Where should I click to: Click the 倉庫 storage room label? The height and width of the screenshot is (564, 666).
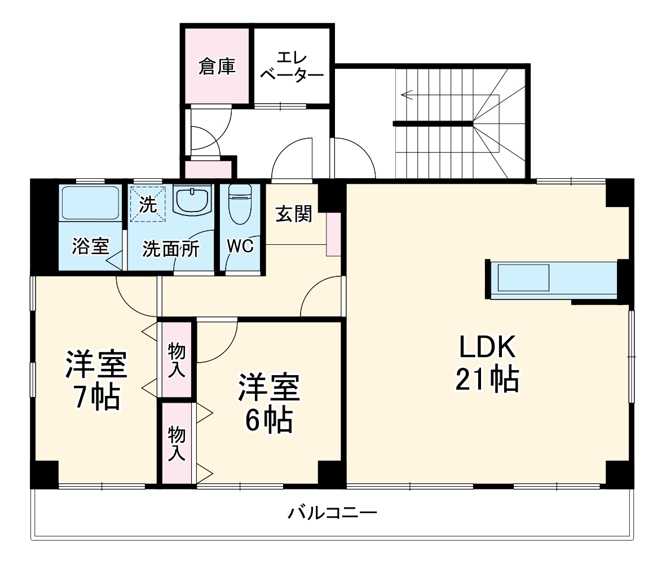tap(216, 68)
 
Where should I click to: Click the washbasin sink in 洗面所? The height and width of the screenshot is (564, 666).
tap(192, 201)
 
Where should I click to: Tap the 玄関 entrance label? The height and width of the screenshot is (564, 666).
tap(293, 214)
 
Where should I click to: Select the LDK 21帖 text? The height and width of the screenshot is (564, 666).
tap(487, 364)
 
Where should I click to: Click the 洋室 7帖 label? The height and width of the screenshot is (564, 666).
tap(95, 381)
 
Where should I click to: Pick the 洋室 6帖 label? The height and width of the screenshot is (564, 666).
tap(267, 403)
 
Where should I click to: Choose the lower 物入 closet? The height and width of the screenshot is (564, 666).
tap(177, 443)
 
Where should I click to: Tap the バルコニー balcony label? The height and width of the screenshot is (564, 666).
tap(332, 513)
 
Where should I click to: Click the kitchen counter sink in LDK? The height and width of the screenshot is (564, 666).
tap(523, 277)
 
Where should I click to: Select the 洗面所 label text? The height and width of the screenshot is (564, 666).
tap(170, 249)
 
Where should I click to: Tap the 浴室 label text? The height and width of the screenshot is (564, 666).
tap(90, 246)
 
